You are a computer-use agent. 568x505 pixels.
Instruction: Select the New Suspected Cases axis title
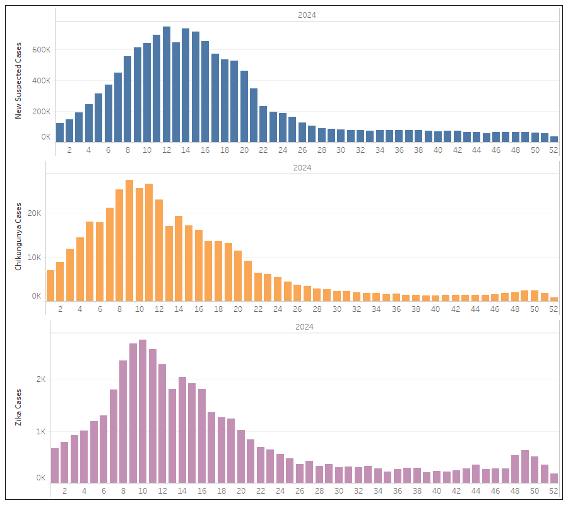pos(18,81)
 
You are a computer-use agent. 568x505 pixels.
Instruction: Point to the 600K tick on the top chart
pos(41,50)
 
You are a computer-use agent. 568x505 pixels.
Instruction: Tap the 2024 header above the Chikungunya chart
pos(302,168)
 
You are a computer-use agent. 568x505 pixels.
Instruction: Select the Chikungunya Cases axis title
pos(18,237)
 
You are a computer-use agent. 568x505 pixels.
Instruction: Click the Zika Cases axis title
pos(18,407)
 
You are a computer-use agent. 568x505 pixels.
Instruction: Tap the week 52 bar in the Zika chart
pos(554,478)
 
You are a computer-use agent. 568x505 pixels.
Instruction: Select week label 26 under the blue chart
pos(302,150)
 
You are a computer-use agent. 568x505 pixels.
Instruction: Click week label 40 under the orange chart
pos(435,309)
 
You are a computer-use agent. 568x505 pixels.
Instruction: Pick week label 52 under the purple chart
pos(554,491)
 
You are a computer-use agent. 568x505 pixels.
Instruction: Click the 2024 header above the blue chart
pos(307,15)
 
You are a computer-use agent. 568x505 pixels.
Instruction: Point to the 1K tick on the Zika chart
pos(41,432)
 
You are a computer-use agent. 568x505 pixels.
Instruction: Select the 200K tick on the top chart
pos(41,111)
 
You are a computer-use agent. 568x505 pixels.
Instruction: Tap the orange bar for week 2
pos(60,281)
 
